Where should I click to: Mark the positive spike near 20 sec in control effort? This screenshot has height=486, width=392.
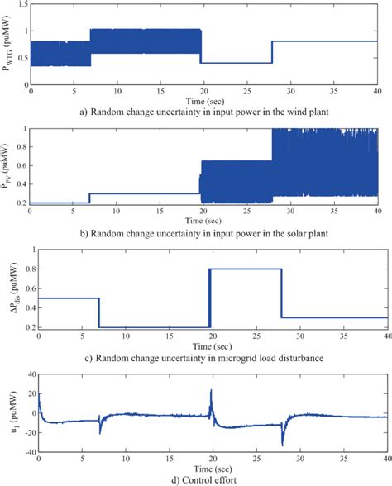(x=211, y=390)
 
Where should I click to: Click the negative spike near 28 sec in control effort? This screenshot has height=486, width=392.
(x=282, y=444)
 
